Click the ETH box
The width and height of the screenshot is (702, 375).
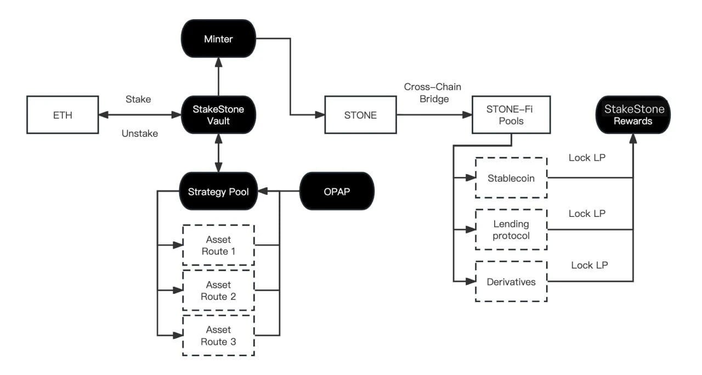pyautogui.click(x=63, y=115)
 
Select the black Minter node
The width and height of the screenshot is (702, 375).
pyautogui.click(x=218, y=38)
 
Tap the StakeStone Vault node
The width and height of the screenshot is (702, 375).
pyautogui.click(x=218, y=115)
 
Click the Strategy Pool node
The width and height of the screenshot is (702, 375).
pyautogui.click(x=218, y=192)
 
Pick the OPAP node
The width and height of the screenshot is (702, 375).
pyautogui.click(x=337, y=192)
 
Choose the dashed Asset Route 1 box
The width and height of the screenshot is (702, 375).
pyautogui.click(x=218, y=245)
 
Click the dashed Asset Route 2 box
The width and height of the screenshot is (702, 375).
pyautogui.click(x=218, y=290)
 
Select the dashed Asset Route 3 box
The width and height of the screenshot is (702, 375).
pyautogui.click(x=218, y=335)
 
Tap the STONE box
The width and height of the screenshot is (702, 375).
pyautogui.click(x=361, y=115)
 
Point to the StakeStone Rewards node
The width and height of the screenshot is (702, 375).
pyautogui.click(x=634, y=115)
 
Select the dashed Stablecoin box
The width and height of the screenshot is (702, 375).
pyautogui.click(x=511, y=178)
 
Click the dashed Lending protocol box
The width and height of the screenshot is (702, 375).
pyautogui.click(x=511, y=230)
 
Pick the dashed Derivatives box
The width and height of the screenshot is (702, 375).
pyautogui.click(x=511, y=282)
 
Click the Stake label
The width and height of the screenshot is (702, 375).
pyautogui.click(x=138, y=99)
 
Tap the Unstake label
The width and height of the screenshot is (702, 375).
pyautogui.click(x=140, y=133)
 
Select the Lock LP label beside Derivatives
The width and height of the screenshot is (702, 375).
pyautogui.click(x=589, y=265)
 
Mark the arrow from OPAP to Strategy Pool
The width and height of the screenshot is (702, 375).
pyautogui.click(x=279, y=192)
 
